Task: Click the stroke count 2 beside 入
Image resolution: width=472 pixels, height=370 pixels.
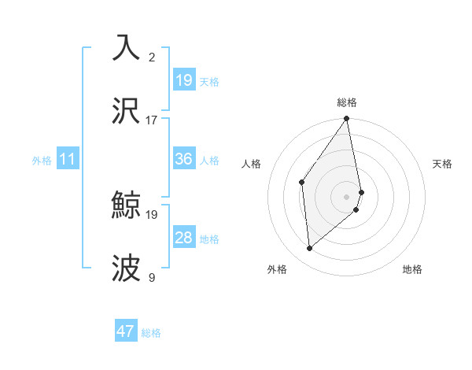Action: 152,57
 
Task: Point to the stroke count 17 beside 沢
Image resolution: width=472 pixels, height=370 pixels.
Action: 152,120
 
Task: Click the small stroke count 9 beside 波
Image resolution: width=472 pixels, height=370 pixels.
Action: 152,277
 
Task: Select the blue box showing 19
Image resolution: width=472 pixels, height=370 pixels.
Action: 183,80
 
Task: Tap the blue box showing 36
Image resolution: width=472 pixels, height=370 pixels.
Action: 183,159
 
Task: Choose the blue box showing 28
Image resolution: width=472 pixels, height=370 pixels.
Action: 183,238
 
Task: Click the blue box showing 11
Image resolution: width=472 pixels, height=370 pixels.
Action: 67,159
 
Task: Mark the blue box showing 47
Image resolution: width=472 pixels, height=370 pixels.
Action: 125,331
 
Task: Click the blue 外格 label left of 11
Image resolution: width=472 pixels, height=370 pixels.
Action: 42,161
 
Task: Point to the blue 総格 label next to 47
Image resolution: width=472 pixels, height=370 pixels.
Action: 151,333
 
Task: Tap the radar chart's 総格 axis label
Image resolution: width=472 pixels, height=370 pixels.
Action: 347,102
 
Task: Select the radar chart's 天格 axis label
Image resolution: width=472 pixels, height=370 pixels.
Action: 442,164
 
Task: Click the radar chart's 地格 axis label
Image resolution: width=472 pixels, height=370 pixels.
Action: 412,269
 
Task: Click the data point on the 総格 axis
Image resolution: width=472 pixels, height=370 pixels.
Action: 347,119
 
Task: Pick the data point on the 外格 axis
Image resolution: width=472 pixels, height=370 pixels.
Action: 310,248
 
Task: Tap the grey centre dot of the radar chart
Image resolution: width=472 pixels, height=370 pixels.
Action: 347,196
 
